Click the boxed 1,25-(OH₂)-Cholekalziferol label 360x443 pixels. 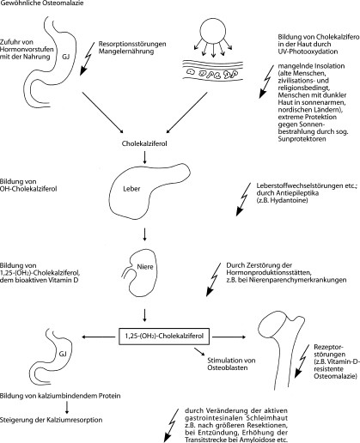coord(164,336)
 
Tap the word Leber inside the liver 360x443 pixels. coord(131,189)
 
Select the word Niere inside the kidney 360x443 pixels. coord(145,267)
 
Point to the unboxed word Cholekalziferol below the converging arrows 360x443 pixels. coord(144,143)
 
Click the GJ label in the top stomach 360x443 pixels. coord(65,57)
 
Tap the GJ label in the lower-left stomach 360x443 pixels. coord(63,354)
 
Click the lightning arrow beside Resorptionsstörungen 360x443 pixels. coord(87,59)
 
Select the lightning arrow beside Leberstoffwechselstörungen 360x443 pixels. coord(242,199)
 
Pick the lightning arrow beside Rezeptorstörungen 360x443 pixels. coord(302,361)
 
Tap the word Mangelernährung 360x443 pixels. coord(126,52)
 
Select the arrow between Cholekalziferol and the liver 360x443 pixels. coord(144,158)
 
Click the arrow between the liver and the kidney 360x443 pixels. coord(144,234)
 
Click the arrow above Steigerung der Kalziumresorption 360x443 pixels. coord(67,407)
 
